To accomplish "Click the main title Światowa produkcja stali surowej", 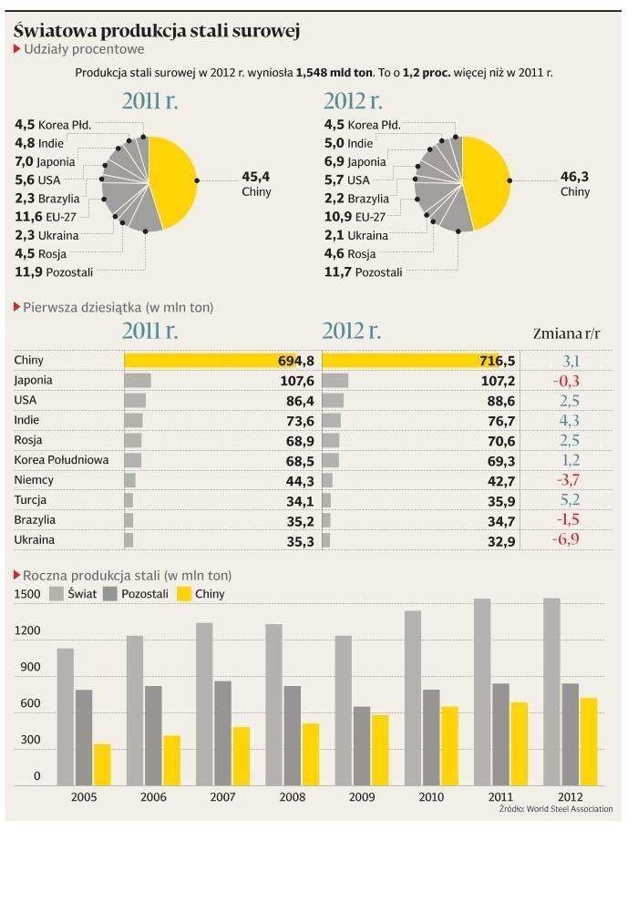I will (x=157, y=31).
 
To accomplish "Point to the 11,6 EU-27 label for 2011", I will (x=46, y=217).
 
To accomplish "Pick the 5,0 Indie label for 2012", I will (x=348, y=143).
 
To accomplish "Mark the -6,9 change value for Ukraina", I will (x=565, y=539).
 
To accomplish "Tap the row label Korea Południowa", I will (x=61, y=460).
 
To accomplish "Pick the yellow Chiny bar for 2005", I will (x=102, y=764).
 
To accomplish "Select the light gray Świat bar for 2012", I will (x=551, y=691).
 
